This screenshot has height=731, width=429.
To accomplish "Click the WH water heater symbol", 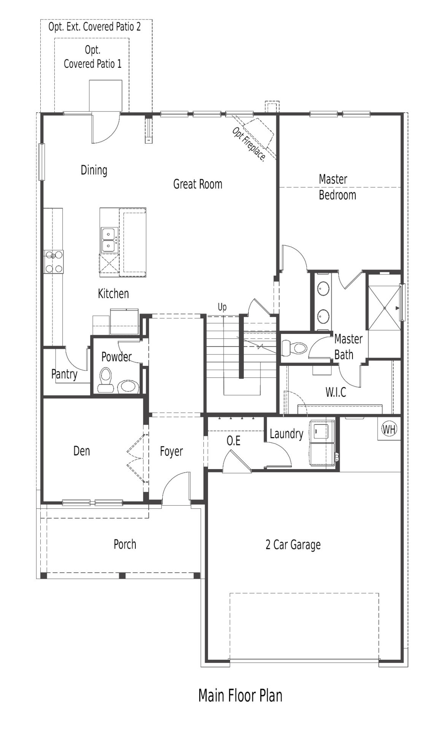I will [389, 429].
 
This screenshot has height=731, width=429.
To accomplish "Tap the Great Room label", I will [197, 184].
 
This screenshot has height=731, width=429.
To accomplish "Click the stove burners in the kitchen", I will [53, 262].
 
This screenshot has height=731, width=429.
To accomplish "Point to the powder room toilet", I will [105, 380].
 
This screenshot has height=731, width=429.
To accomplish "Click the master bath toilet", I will [295, 348].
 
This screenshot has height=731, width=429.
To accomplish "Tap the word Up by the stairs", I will [222, 307].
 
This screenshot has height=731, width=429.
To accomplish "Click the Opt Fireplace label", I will [248, 144].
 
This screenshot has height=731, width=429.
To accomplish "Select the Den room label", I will [81, 451].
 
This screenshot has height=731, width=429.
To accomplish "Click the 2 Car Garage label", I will [293, 545].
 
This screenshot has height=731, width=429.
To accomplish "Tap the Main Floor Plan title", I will [240, 695].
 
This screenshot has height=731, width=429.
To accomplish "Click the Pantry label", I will [64, 374].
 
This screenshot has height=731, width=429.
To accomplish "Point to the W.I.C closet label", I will [336, 392].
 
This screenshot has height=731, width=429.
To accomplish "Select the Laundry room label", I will [286, 434].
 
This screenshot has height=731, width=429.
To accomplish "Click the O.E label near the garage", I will [234, 441].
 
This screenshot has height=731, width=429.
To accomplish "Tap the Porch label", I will [125, 544].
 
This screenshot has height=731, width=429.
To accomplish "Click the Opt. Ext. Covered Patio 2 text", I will [95, 27].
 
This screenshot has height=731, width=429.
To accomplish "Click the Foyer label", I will [171, 452].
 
